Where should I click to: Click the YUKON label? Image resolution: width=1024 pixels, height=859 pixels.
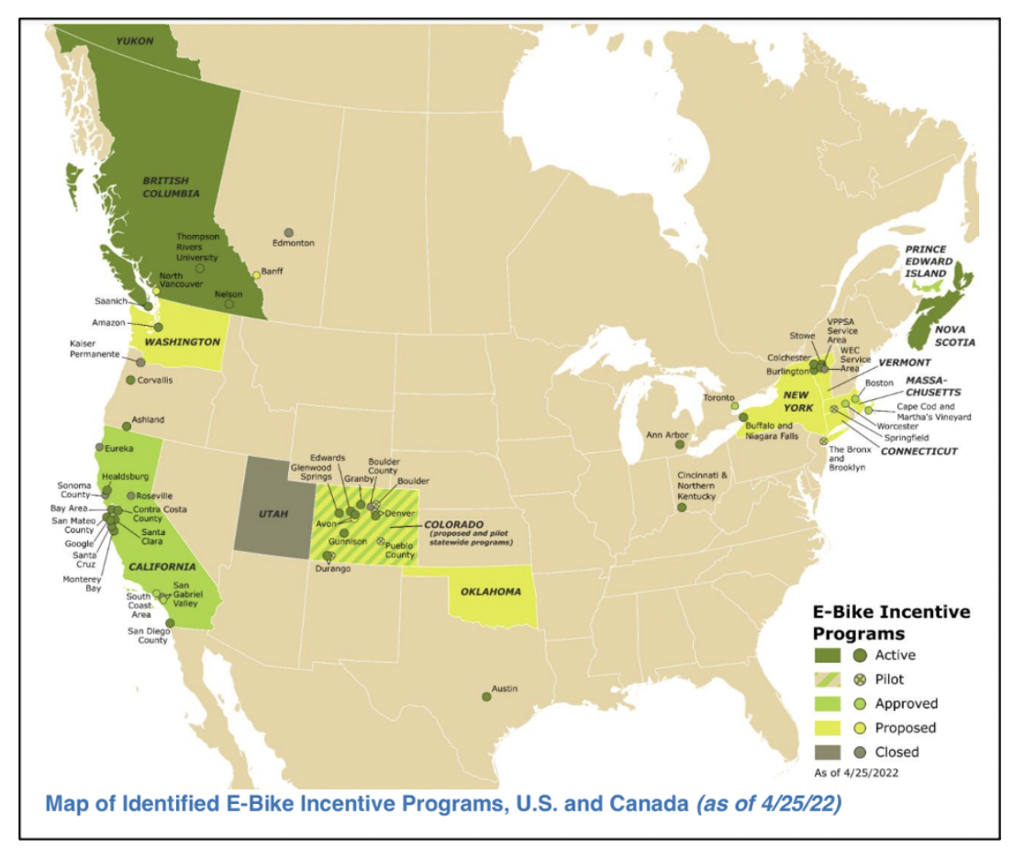(134, 41)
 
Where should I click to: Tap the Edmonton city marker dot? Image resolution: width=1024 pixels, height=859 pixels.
(289, 232)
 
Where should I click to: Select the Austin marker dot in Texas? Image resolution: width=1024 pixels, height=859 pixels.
(486, 697)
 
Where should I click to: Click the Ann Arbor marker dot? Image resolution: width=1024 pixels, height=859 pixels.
(680, 444)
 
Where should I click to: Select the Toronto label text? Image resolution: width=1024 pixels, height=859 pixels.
(719, 397)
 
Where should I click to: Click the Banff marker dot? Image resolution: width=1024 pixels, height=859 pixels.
(257, 275)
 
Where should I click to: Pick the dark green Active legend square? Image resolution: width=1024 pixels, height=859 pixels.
(828, 655)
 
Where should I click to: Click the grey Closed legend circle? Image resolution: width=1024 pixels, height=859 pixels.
(860, 752)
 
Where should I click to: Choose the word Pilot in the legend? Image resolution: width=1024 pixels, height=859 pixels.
(889, 679)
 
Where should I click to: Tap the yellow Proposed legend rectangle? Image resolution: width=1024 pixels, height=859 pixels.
(828, 728)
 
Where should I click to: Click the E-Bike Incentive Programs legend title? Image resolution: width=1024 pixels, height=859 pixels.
(890, 622)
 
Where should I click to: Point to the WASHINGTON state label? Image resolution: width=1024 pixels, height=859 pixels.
(181, 341)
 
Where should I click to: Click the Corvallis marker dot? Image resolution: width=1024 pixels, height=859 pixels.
(130, 380)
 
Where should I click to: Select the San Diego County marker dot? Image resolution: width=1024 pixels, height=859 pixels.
(170, 622)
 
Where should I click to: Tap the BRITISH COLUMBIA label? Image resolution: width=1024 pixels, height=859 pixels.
(172, 187)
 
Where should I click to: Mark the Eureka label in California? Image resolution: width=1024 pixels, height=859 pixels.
(120, 448)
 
